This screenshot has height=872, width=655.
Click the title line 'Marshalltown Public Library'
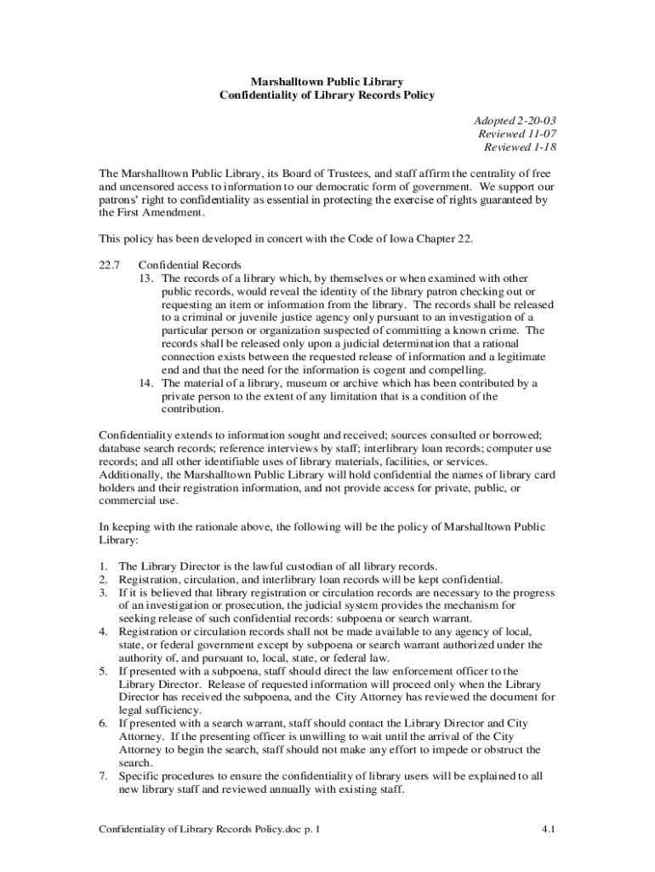[x=327, y=82]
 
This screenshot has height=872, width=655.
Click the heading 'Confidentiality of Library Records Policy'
[x=327, y=95]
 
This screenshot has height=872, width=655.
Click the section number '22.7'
[x=111, y=265]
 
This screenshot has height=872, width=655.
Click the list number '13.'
[x=148, y=278]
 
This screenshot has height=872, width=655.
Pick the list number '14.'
[x=148, y=383]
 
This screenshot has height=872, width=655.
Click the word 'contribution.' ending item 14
[x=193, y=410]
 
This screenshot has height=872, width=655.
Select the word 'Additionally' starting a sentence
[x=128, y=474]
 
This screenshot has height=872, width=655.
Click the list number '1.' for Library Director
[x=103, y=565]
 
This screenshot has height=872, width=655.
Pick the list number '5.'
[x=103, y=671]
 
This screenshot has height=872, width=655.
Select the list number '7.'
[x=103, y=776]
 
